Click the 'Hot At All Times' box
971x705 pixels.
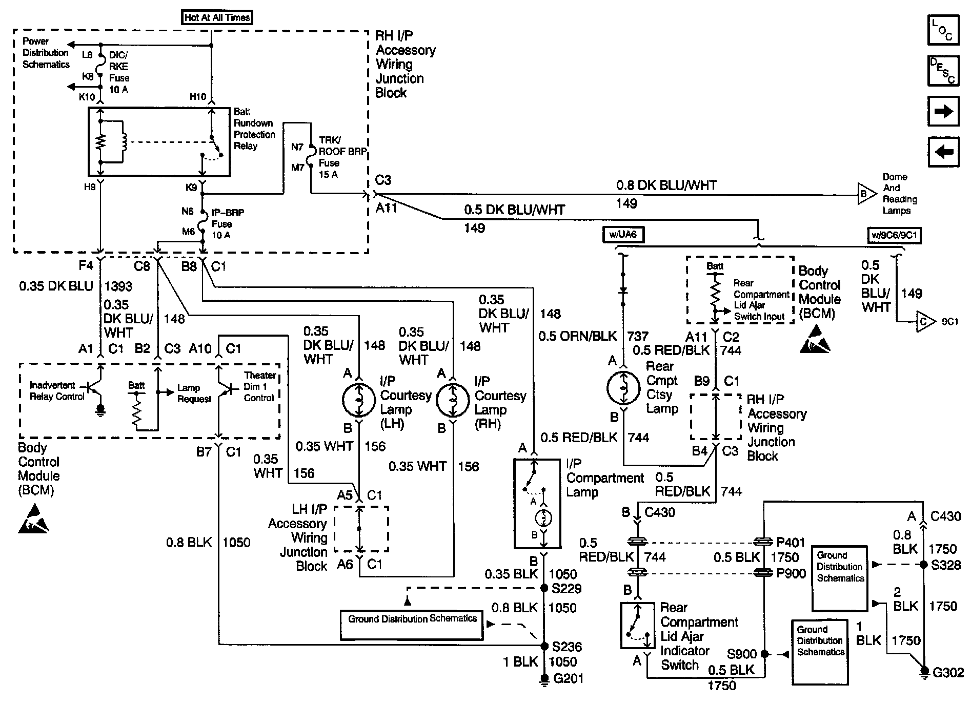(x=217, y=17)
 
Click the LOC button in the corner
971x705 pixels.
(x=943, y=30)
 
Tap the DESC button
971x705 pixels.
(x=943, y=70)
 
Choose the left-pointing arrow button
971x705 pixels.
(x=943, y=152)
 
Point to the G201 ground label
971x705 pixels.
(x=568, y=678)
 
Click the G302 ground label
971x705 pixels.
(x=948, y=673)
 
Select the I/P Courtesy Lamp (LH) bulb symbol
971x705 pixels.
(x=358, y=399)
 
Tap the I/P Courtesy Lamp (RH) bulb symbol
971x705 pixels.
(x=453, y=399)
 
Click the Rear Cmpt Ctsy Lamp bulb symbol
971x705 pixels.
(x=623, y=387)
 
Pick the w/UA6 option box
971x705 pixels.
(x=623, y=235)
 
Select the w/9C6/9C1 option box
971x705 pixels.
(x=894, y=235)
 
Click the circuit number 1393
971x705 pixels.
(x=118, y=286)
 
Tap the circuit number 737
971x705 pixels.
(x=638, y=336)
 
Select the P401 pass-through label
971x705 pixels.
(x=791, y=542)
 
